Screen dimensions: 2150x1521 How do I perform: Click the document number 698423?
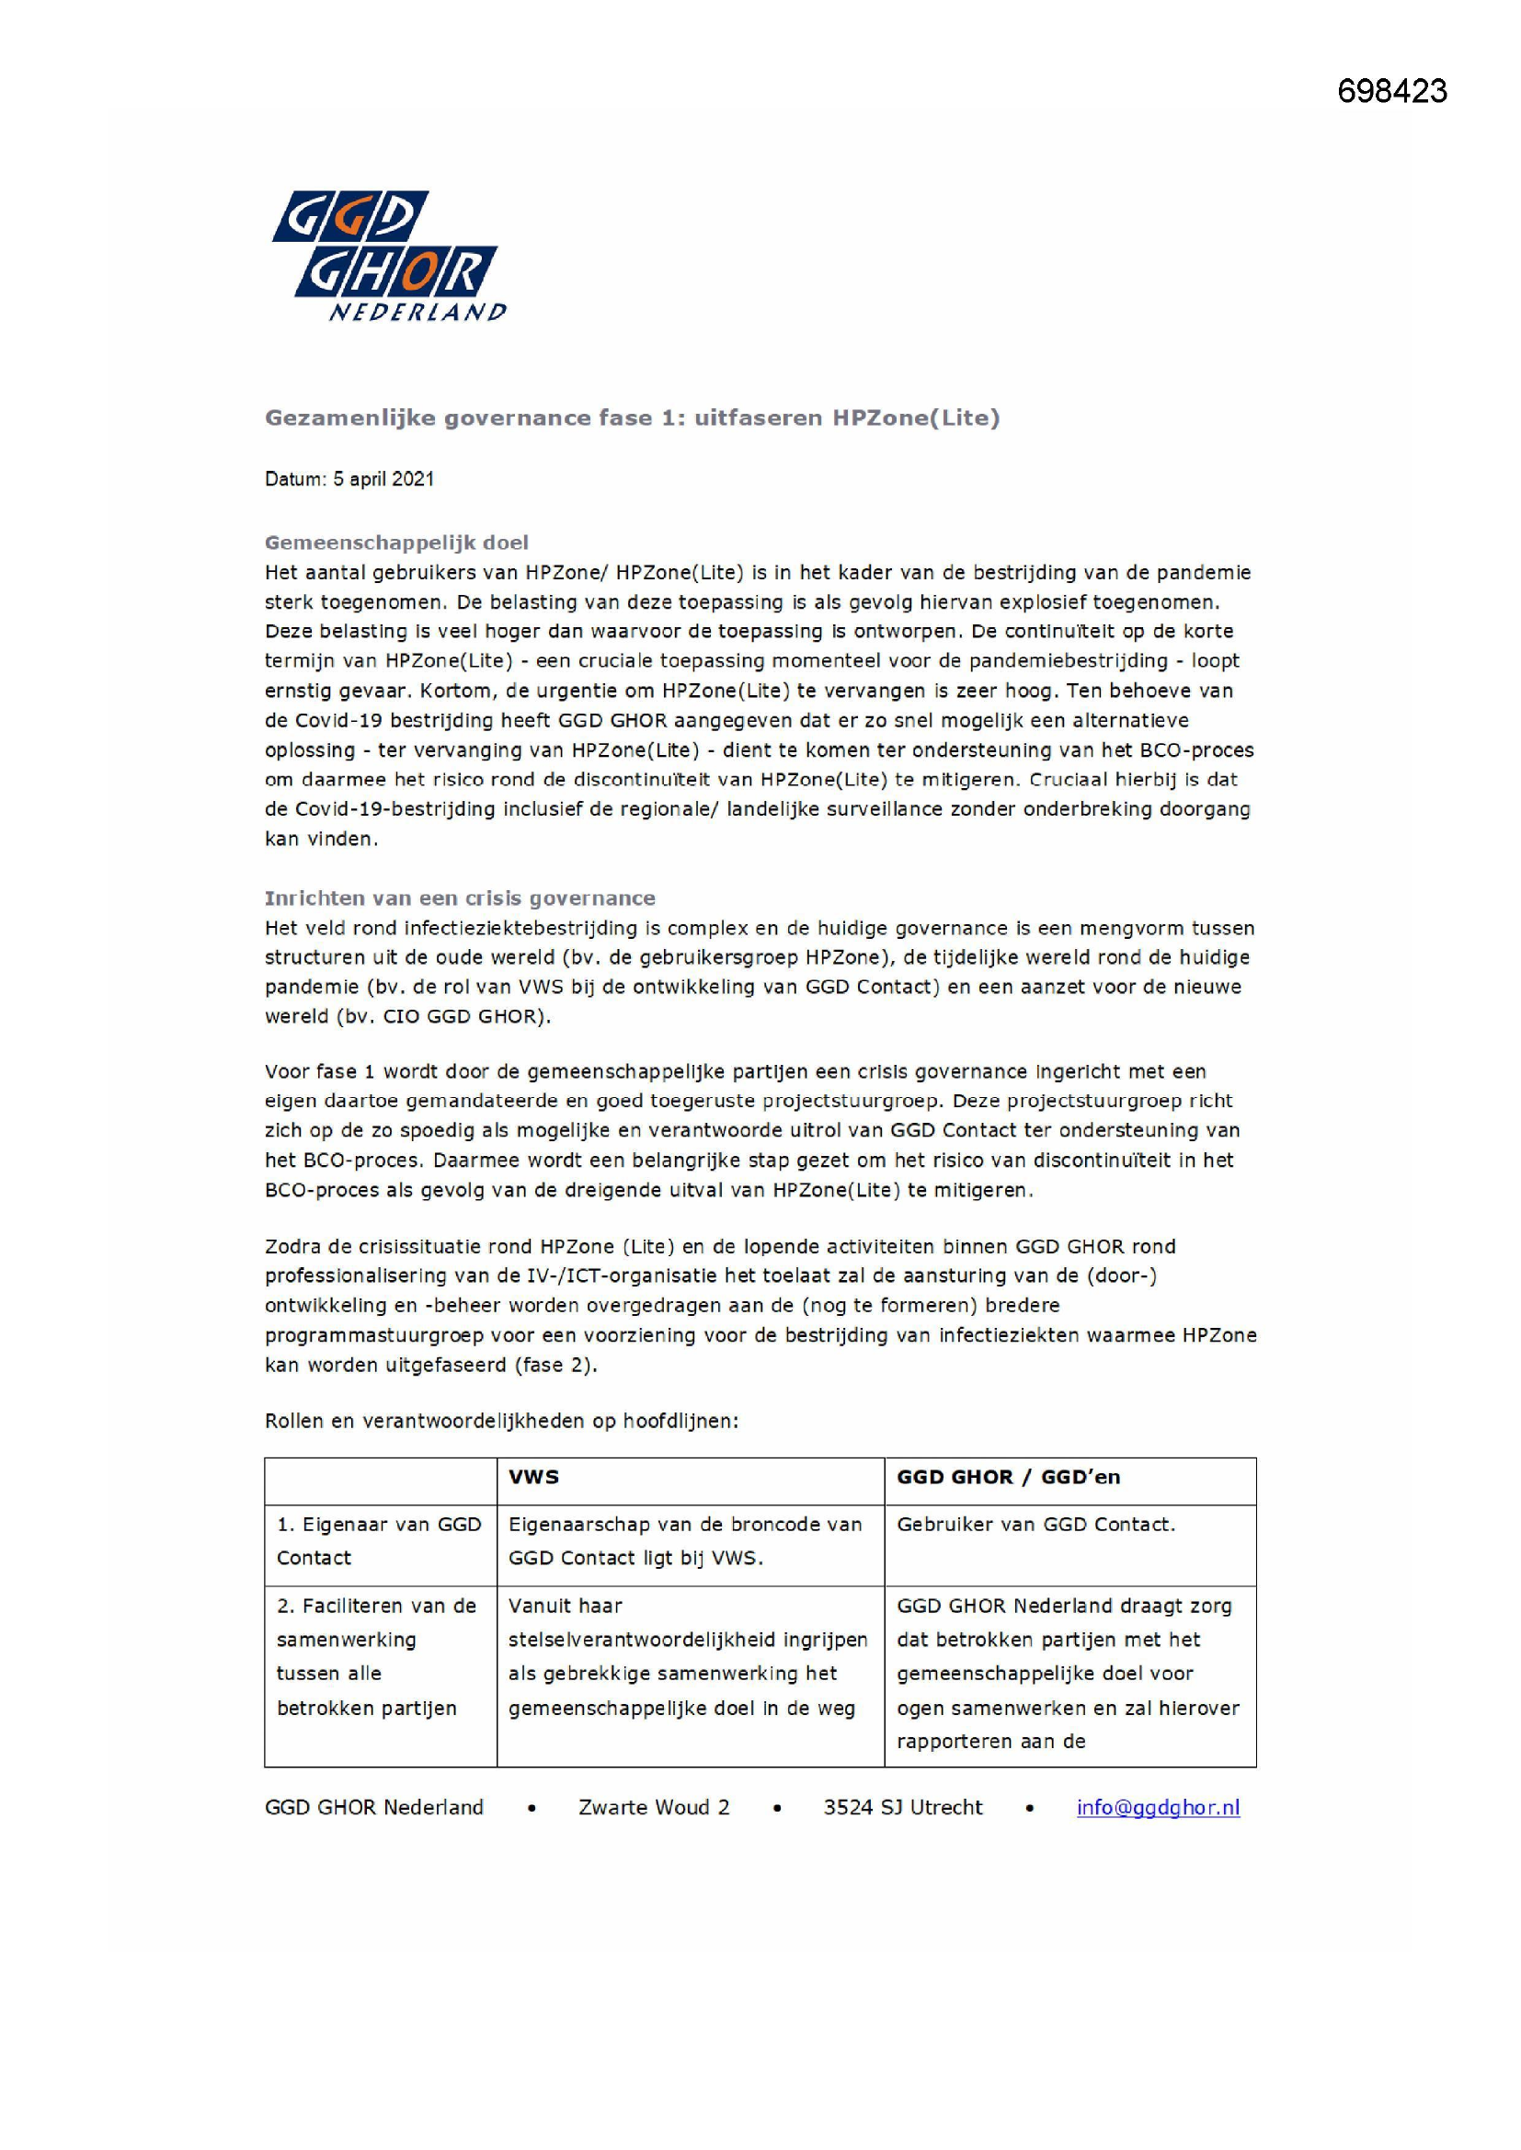(x=1391, y=91)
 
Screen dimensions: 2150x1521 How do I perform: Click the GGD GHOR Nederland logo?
(x=388, y=255)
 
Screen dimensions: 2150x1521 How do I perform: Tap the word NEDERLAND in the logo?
(x=417, y=312)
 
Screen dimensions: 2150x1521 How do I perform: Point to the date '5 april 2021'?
(x=384, y=479)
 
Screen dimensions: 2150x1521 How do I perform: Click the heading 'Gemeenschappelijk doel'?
(x=396, y=543)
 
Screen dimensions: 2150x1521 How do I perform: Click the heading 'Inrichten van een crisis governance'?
(x=460, y=898)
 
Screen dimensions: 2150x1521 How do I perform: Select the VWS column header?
(x=534, y=1477)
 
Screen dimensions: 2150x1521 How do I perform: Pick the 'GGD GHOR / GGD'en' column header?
(x=1008, y=1477)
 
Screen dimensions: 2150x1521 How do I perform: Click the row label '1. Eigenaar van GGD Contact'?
(x=378, y=1540)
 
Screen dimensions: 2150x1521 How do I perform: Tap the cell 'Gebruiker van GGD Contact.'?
(x=1035, y=1525)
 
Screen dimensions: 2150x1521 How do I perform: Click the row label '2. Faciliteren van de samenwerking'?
(x=375, y=1656)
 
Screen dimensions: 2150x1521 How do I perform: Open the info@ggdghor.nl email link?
(x=1158, y=1807)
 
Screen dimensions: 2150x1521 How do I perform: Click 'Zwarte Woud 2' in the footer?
(x=654, y=1807)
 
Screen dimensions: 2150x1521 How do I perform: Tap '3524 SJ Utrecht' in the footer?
(x=903, y=1807)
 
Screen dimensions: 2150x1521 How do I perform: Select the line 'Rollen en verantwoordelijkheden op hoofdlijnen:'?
(x=501, y=1421)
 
